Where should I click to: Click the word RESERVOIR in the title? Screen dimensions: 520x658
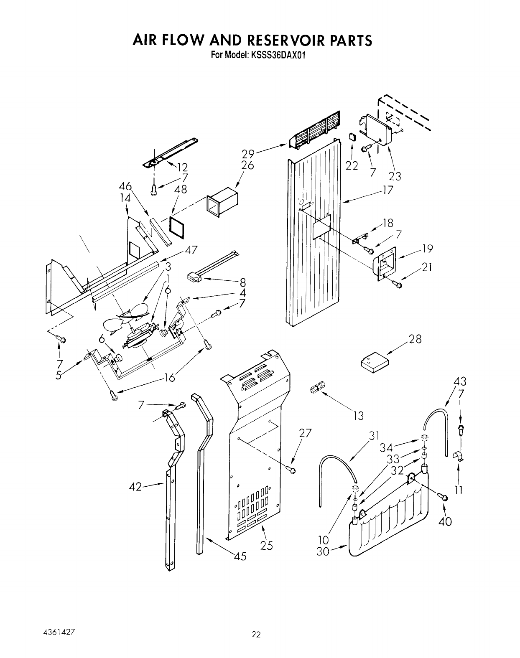278,40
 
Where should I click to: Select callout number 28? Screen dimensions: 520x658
415,339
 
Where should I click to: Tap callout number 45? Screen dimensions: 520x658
240,556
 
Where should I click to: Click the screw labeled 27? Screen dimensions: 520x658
291,469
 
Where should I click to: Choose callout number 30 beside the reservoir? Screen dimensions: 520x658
323,552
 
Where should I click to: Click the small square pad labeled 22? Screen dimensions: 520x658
352,136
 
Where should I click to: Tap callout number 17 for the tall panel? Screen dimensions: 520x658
387,190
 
